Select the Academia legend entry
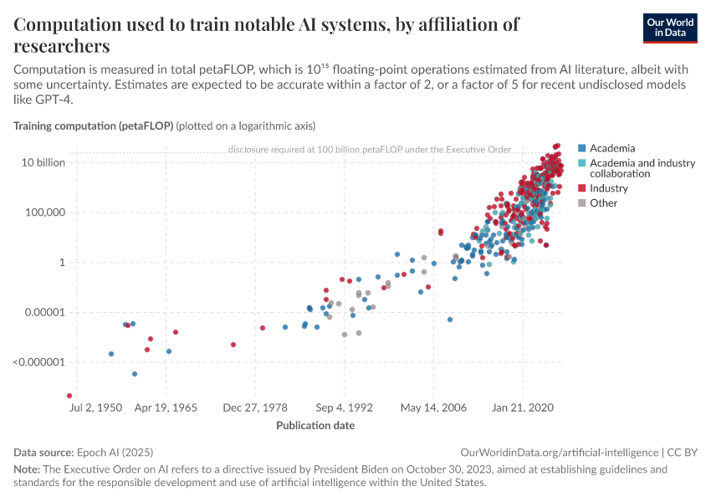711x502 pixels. click(611, 148)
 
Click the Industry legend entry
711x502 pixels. click(608, 188)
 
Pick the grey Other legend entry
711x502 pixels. click(603, 202)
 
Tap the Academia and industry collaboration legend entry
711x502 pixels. click(642, 168)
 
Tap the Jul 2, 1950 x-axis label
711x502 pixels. click(97, 408)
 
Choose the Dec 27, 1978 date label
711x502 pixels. click(255, 408)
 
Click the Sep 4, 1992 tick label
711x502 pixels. click(343, 408)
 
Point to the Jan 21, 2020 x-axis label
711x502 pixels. click(523, 408)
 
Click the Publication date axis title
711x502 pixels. click(315, 425)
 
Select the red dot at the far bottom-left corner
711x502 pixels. click(69, 396)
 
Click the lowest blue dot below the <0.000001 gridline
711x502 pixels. click(134, 374)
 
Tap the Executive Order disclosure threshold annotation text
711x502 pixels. click(369, 150)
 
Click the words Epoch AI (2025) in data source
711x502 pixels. click(114, 452)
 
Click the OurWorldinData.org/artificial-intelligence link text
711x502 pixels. click(560, 452)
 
